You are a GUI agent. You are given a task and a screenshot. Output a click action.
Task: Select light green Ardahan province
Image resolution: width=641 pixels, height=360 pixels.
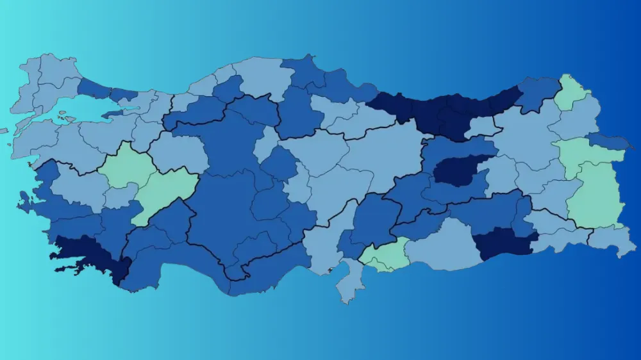(x=571, y=93)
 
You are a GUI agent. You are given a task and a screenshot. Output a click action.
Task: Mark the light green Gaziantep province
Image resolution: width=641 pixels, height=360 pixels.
(x=385, y=255)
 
